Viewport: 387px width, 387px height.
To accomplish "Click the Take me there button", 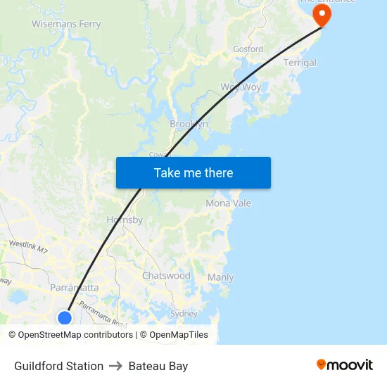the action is [x=193, y=173].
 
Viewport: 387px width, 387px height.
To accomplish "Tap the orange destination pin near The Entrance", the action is [x=322, y=15].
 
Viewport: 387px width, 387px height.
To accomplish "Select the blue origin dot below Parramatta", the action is [x=64, y=317].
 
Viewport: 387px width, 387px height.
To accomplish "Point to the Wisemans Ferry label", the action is [x=66, y=24].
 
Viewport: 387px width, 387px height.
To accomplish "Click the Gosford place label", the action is [x=248, y=49].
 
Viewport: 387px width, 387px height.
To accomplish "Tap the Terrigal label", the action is [x=300, y=63].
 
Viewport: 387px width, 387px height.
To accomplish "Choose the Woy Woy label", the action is [x=241, y=87].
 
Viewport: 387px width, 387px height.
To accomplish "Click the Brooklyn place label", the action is [x=189, y=124].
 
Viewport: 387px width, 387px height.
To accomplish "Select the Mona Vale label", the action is [x=228, y=203].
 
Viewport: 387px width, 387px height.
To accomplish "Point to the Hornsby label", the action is [x=125, y=220].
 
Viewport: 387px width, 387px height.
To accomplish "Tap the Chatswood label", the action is [x=166, y=276].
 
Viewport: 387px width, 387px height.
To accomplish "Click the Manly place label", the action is [x=220, y=277].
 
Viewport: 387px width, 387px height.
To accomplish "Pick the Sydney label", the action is [x=184, y=314].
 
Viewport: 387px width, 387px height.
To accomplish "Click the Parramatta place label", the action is [x=74, y=288].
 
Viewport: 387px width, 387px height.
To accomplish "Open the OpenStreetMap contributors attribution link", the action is [x=75, y=335].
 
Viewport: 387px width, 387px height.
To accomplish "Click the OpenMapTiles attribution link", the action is [x=179, y=335].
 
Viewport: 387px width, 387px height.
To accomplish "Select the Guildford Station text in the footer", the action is [x=59, y=366].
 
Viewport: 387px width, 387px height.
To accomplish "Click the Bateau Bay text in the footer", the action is [x=158, y=366].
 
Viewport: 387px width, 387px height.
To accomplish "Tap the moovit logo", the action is [x=345, y=365].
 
